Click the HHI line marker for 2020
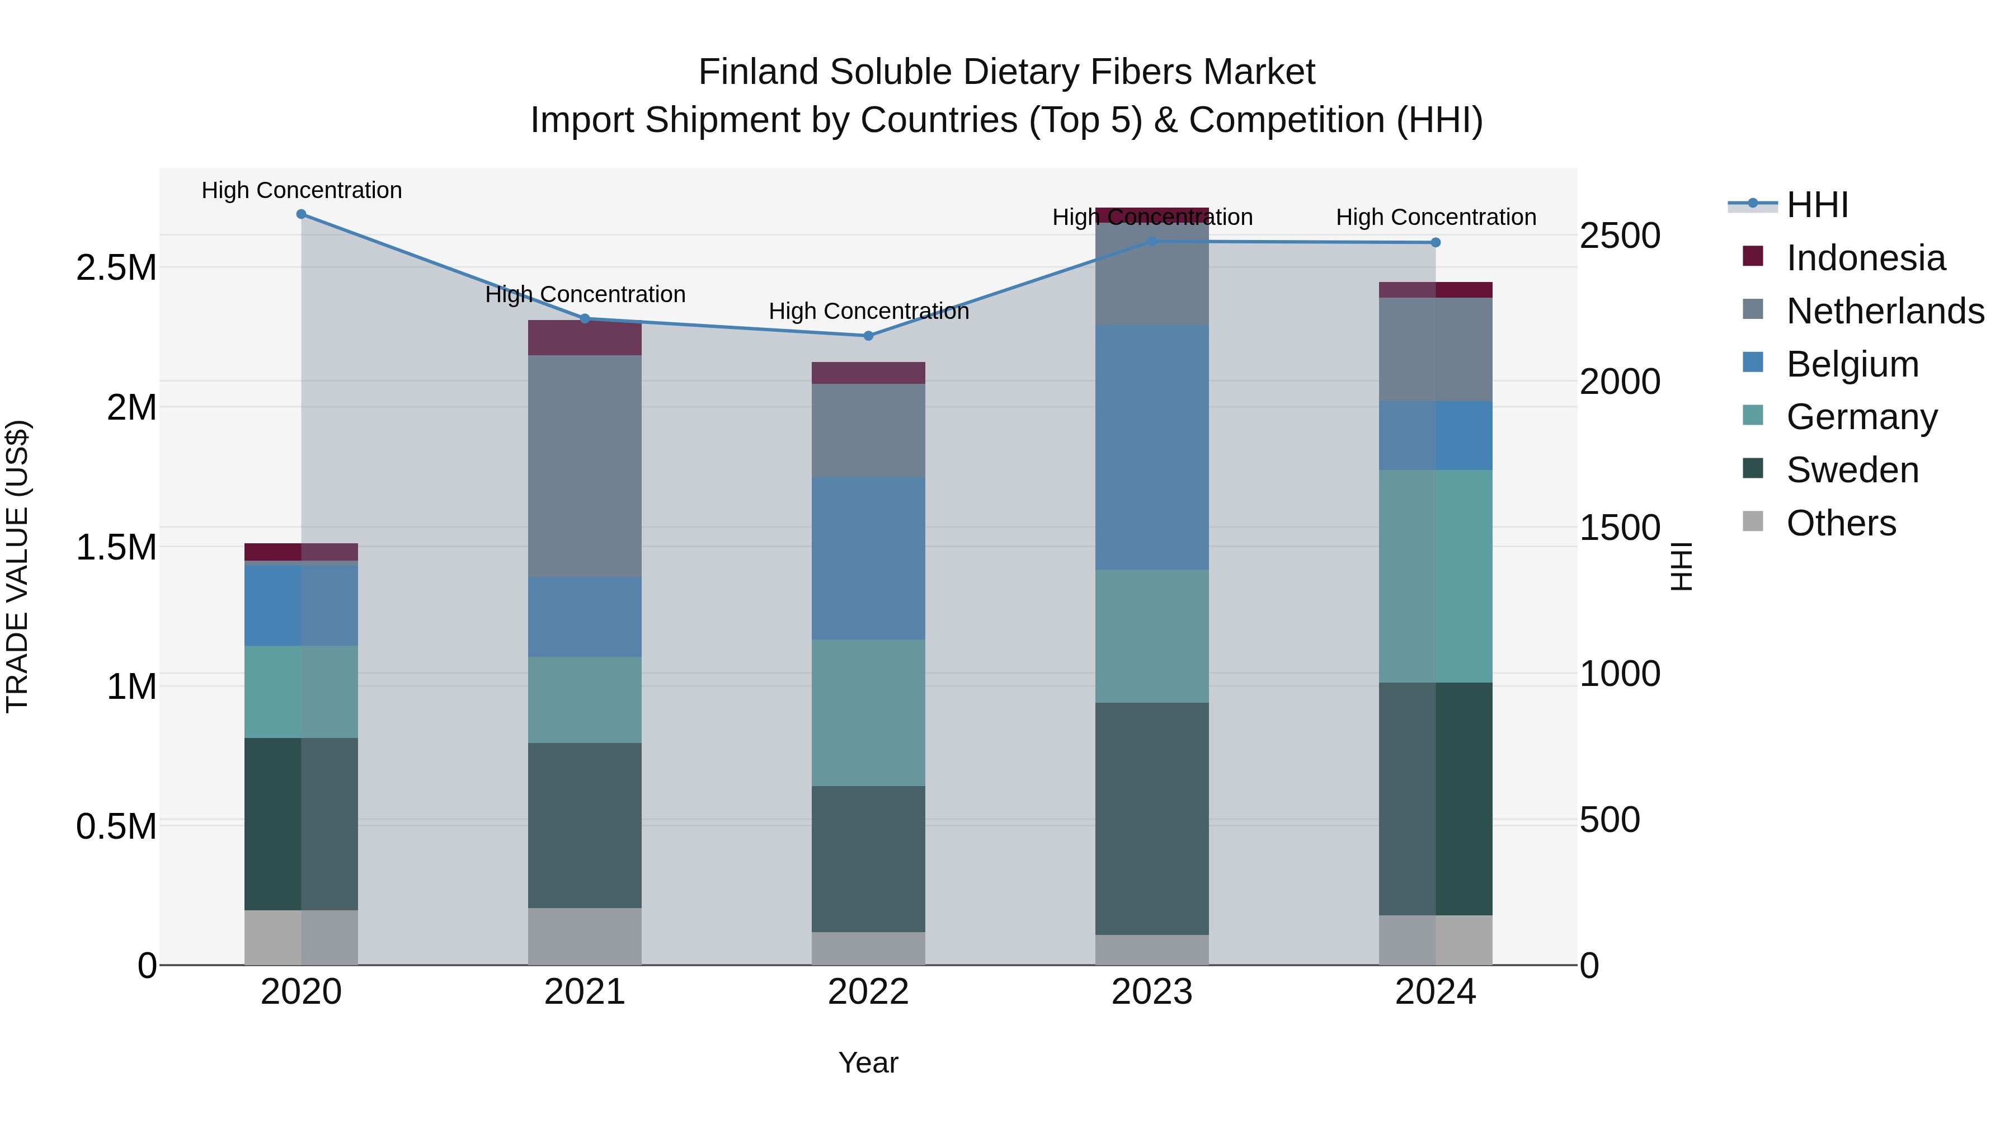(301, 214)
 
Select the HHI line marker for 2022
(868, 336)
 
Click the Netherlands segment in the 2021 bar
(585, 466)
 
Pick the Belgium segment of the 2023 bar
(1152, 447)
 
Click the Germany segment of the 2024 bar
(1436, 576)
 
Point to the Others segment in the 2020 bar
(301, 938)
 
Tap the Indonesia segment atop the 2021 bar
(585, 338)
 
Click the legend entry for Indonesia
(1865, 258)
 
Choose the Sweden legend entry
(1851, 470)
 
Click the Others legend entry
(1841, 523)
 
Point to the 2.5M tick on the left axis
(116, 268)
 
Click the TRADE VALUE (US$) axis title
(17, 566)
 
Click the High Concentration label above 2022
(868, 311)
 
